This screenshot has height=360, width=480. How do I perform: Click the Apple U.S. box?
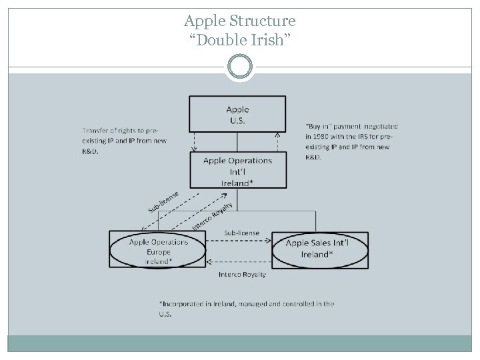point(237,113)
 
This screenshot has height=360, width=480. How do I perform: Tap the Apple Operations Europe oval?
point(159,251)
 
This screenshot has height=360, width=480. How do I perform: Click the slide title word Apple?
point(201,21)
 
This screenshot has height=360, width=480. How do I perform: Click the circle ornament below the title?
point(239,67)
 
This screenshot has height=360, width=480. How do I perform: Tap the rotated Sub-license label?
point(162,198)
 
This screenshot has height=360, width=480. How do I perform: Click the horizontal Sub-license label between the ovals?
point(241,233)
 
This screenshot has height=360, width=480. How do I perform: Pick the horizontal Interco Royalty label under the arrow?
point(242,274)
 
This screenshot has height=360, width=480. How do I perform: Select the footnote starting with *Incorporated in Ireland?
point(245,308)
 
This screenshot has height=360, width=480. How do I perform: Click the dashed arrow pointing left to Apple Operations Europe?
point(238,261)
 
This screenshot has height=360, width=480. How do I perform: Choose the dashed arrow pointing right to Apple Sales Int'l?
point(238,241)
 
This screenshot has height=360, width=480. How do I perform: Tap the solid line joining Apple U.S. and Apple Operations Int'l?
point(237,141)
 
